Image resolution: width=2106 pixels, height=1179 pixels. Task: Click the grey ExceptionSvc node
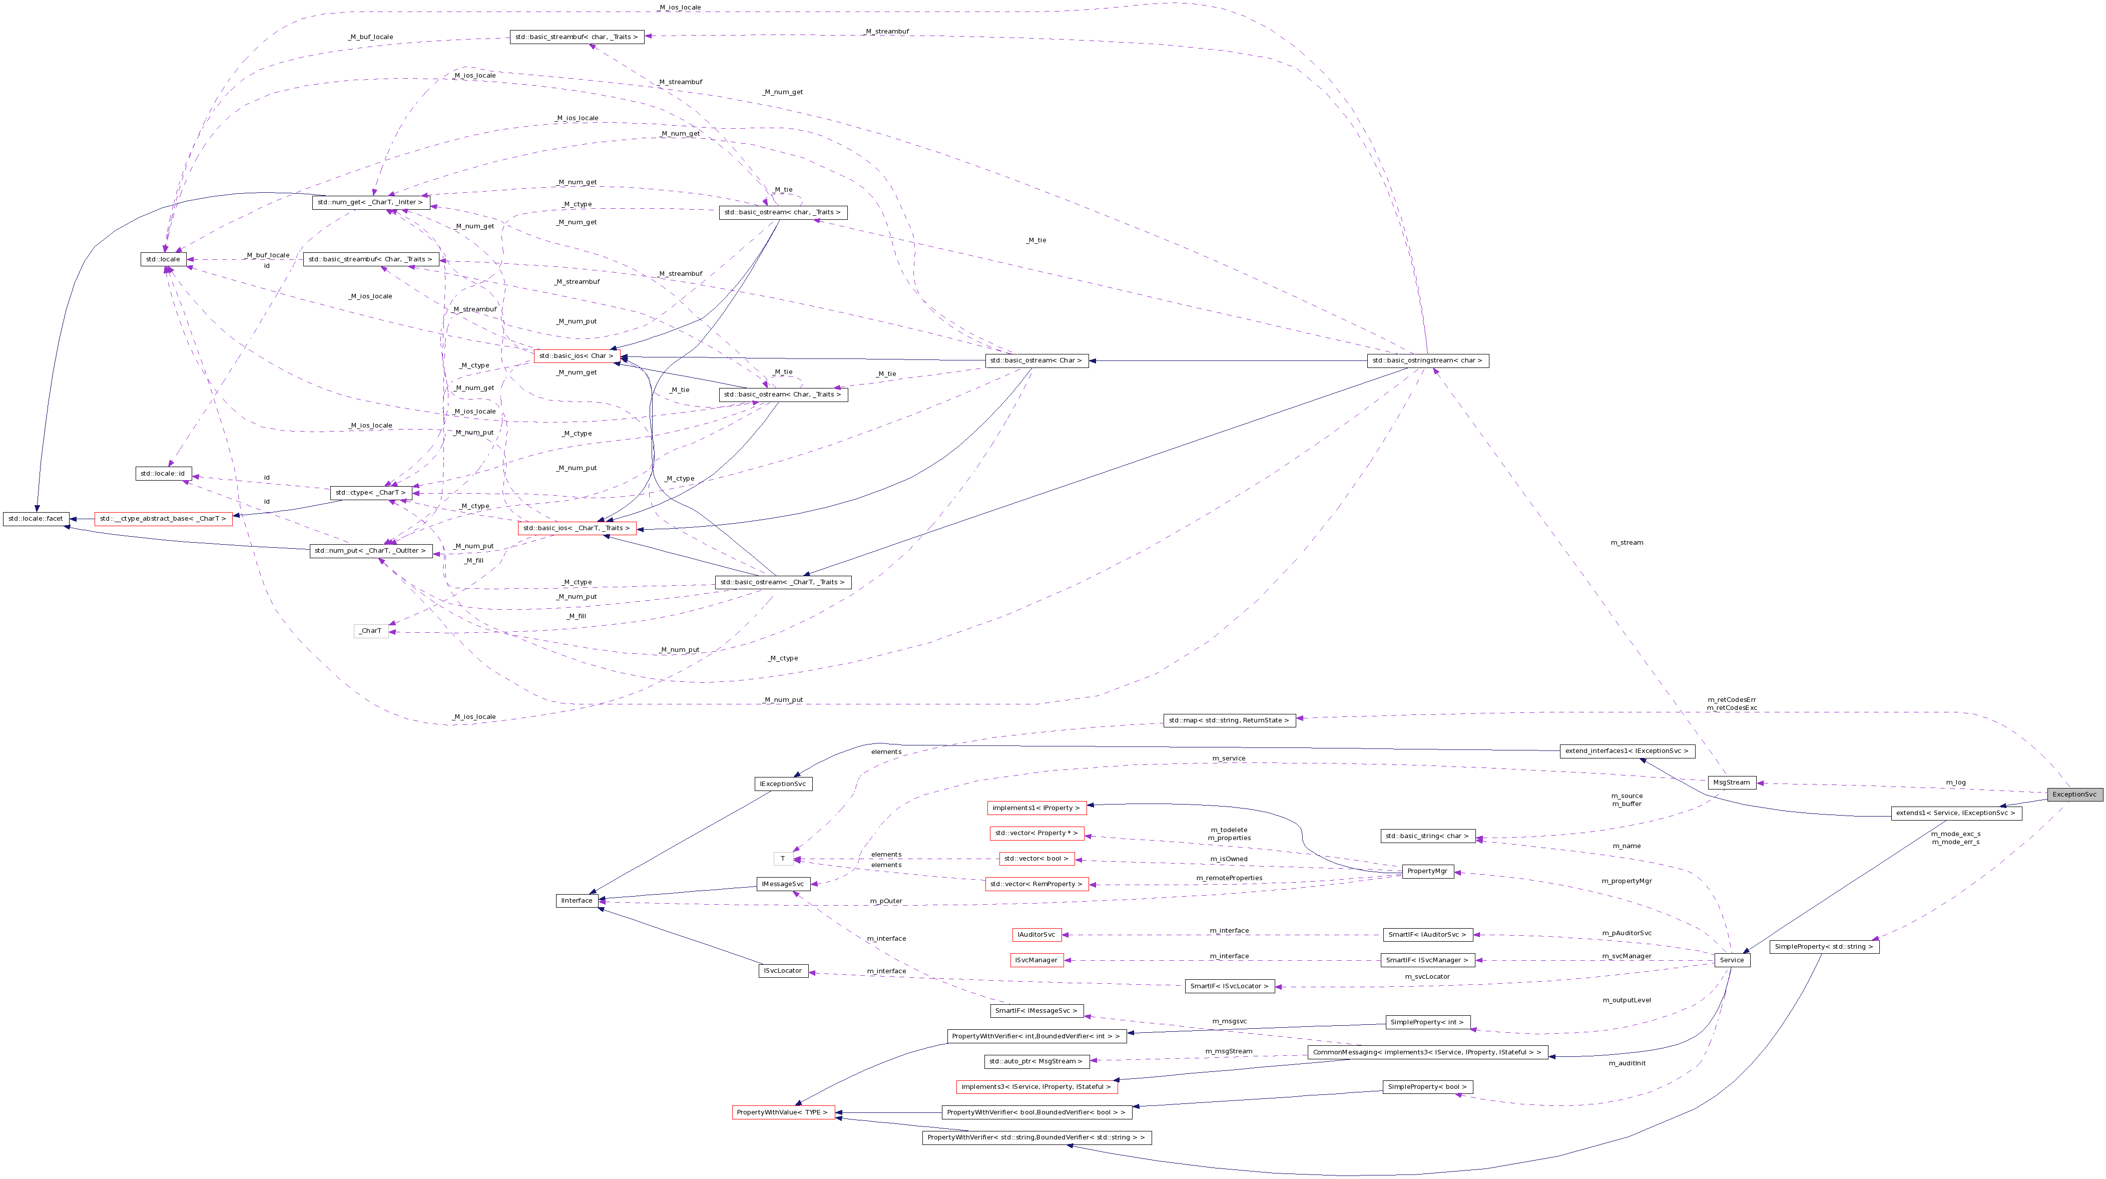coord(2074,794)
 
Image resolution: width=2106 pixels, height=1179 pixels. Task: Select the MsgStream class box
coord(1732,782)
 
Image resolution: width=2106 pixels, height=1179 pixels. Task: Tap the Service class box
coord(1732,960)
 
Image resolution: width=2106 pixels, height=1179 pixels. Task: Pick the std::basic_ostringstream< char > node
coord(1427,360)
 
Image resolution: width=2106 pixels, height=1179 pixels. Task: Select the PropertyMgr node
coord(1427,871)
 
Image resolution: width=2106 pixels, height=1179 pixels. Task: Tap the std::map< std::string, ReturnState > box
coord(1229,720)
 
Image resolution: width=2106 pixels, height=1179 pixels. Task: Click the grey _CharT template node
coord(371,630)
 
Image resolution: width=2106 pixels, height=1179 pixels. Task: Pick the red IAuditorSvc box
coord(1036,935)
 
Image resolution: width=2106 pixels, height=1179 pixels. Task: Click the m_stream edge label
coord(1626,542)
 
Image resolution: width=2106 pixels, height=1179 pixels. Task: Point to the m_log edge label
coord(1955,782)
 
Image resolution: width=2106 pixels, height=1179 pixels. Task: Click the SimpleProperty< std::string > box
coord(1824,947)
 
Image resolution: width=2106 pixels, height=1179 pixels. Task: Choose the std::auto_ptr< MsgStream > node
coord(1036,1061)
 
